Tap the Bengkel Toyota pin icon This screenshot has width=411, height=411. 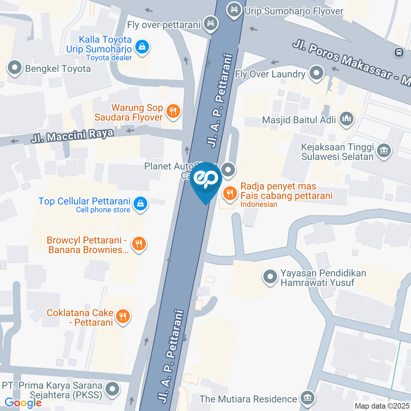click(15, 68)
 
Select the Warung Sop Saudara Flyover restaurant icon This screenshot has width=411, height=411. click(173, 112)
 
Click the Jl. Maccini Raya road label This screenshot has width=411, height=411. click(72, 136)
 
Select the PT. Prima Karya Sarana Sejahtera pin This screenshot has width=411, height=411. click(113, 389)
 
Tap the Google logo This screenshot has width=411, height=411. click(23, 403)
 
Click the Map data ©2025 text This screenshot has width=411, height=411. click(382, 406)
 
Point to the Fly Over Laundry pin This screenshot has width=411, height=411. click(316, 73)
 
